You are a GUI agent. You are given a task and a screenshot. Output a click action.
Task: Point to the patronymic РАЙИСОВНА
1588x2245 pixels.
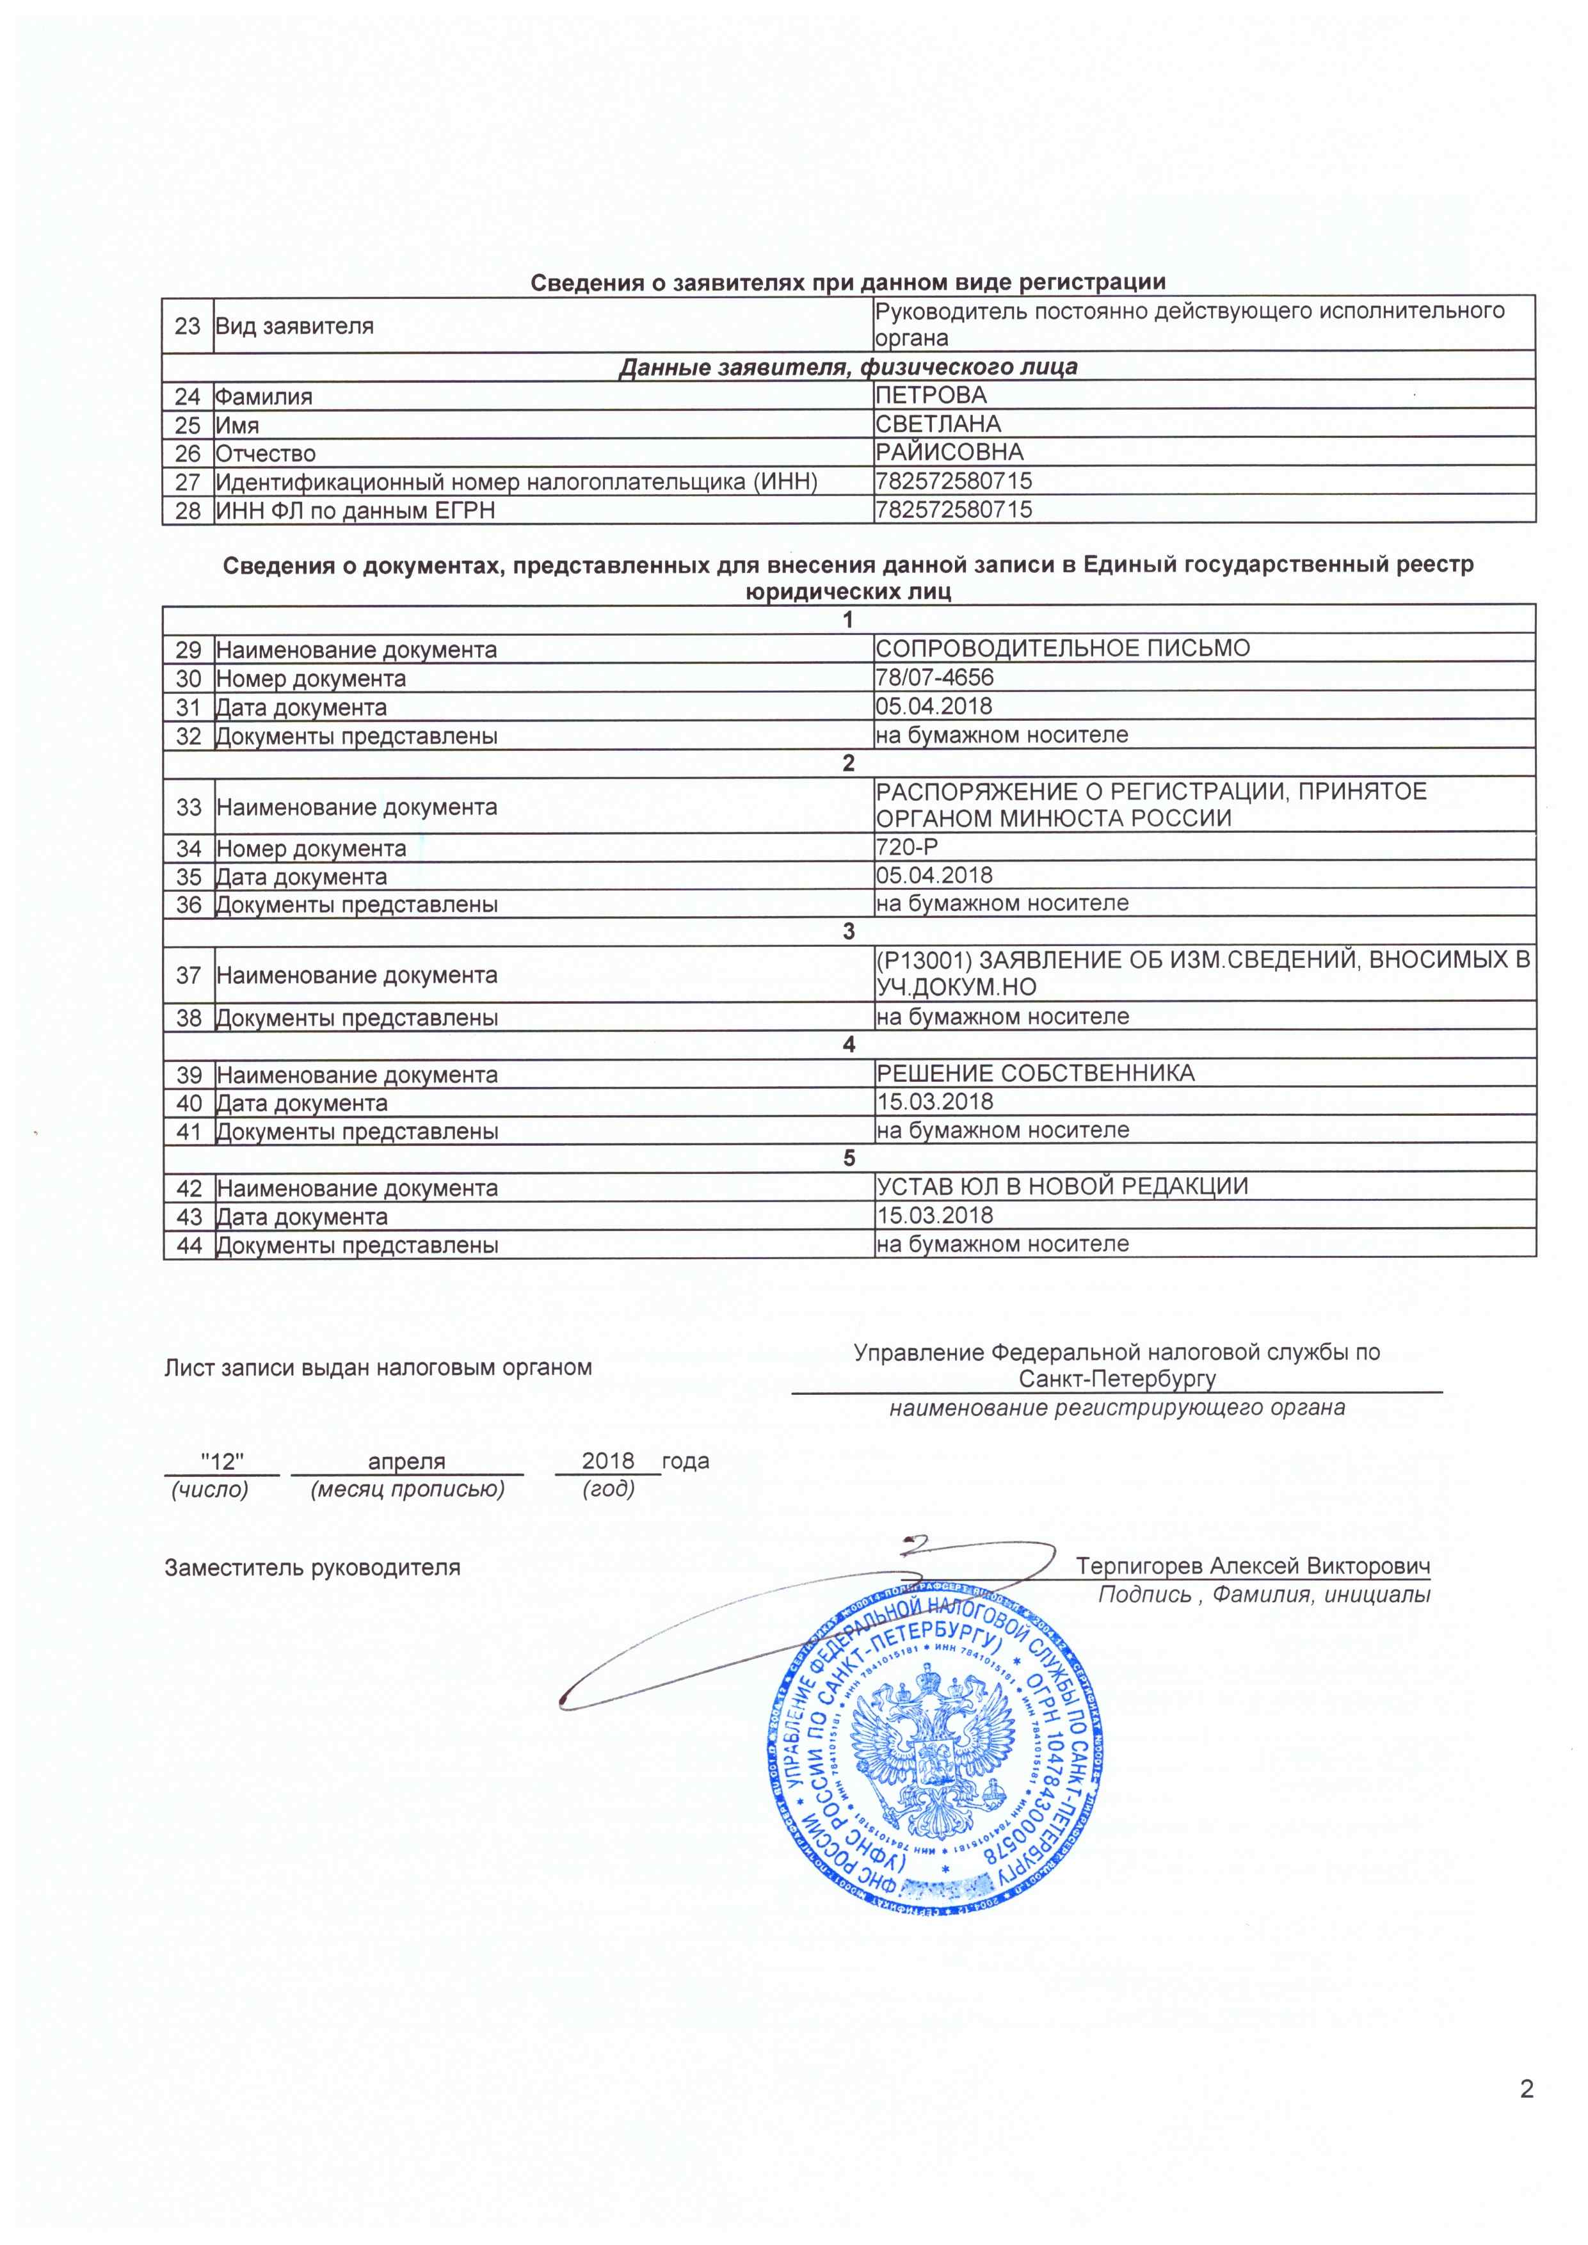point(949,452)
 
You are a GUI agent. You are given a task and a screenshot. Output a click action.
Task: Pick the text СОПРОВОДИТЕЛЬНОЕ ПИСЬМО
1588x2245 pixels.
point(1062,648)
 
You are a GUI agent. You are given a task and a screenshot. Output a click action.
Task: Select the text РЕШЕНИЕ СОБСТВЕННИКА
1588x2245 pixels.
point(1034,1073)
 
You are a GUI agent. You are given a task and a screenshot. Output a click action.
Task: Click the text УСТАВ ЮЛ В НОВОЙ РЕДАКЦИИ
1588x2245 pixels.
point(1062,1186)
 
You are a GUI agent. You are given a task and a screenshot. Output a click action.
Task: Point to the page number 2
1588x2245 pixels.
point(1527,2089)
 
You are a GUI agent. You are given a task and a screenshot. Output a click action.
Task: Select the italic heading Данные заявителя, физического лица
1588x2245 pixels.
point(848,367)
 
